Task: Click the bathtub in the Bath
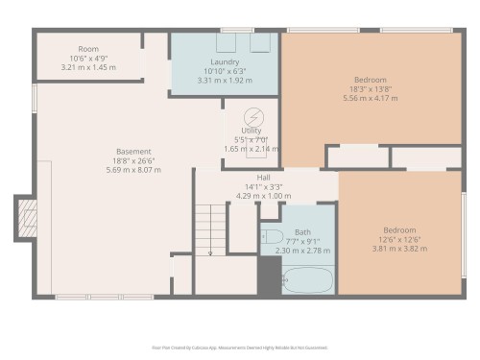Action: tap(308, 280)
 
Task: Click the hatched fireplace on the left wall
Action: tap(26, 218)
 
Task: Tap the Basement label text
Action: tap(132, 152)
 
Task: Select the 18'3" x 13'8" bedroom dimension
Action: tap(369, 87)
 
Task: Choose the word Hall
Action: tap(263, 178)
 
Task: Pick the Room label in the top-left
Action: tap(88, 49)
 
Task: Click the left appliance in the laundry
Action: tap(227, 43)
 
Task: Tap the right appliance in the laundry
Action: tap(260, 43)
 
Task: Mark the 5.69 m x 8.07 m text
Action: tap(132, 170)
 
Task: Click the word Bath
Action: tap(302, 232)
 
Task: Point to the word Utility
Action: tap(252, 131)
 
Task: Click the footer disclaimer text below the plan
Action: tap(240, 348)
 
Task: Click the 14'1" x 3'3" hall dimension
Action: tap(263, 187)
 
